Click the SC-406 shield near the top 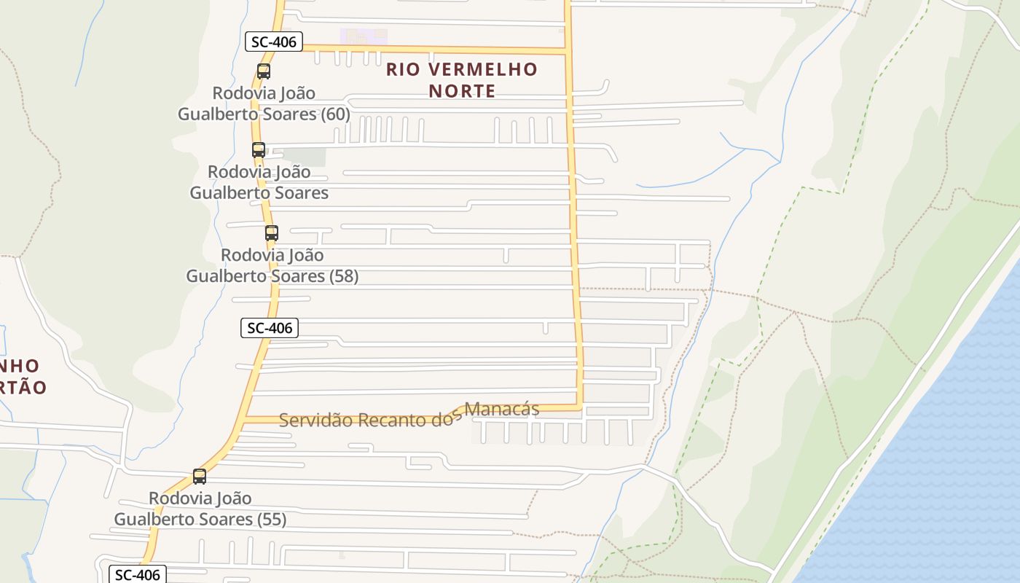[273, 42]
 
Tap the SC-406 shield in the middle [270, 328]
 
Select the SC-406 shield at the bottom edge [138, 574]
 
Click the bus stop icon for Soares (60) [264, 71]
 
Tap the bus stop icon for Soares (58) [272, 233]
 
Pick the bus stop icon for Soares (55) [200, 477]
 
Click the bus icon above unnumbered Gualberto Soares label [259, 150]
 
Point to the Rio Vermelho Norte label [462, 80]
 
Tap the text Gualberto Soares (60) [264, 114]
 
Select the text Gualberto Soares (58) [272, 276]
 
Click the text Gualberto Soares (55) [200, 519]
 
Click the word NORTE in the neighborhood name [462, 91]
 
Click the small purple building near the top [364, 36]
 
